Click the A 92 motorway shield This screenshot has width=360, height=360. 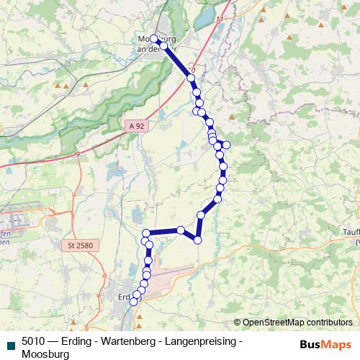pos(137,125)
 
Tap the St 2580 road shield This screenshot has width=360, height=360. pos(80,246)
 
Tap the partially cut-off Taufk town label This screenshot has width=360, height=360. pos(351,235)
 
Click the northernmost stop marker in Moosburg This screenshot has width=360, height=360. pos(154,38)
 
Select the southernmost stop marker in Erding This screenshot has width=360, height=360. pos(132,303)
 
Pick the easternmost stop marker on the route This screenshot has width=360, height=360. pos(226,145)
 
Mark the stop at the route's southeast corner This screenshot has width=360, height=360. pos(197,240)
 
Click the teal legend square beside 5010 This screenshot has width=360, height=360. pos(9,344)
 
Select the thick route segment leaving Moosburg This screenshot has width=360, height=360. pos(177,60)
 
